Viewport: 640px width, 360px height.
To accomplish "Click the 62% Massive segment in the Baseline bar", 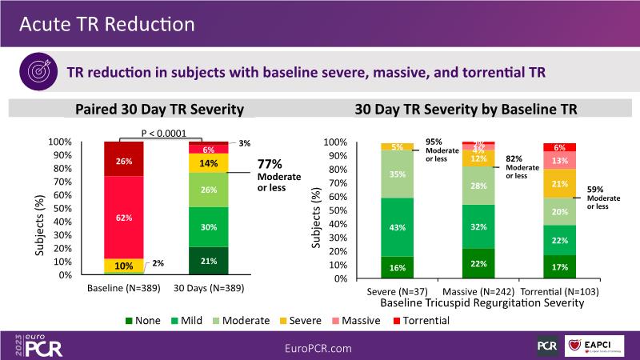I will [123, 217].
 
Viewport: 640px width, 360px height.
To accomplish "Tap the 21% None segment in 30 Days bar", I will [208, 261].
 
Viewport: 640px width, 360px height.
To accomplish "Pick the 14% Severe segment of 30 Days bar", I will [208, 163].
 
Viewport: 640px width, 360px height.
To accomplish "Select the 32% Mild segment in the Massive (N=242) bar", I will [478, 226].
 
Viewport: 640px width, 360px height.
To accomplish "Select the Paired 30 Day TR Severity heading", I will [159, 110].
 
